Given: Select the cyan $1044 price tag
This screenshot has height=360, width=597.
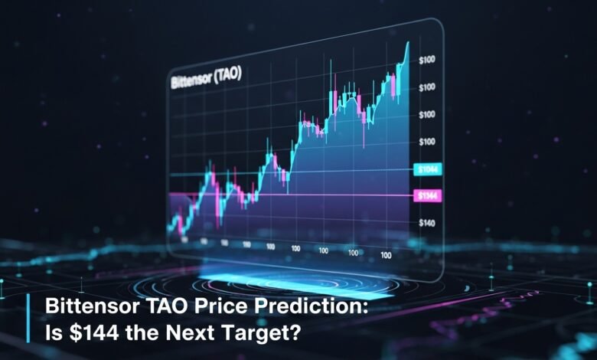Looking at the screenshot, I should [x=426, y=169].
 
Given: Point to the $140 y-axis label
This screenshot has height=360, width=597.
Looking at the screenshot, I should [x=428, y=223].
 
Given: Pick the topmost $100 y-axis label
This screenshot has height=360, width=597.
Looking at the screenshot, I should [x=427, y=60].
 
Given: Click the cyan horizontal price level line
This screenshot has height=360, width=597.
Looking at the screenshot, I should [x=291, y=173].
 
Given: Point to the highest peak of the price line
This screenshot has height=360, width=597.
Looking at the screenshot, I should [x=407, y=44].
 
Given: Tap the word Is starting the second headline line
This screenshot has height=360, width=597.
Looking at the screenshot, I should [x=54, y=332].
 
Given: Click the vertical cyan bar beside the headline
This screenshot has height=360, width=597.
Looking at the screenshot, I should [x=31, y=319].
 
